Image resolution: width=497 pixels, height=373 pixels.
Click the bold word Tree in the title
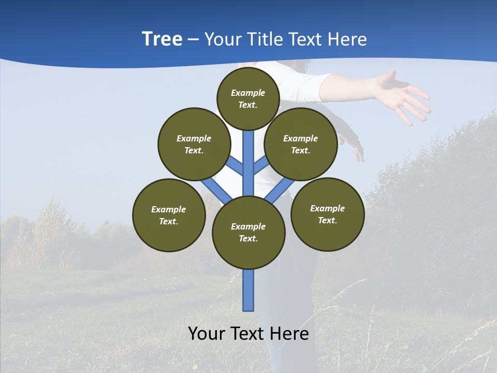tap(162, 39)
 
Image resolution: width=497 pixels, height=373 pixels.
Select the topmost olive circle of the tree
tap(248, 98)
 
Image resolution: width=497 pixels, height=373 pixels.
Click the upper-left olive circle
tap(194, 144)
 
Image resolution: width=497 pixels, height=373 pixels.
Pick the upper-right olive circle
tap(301, 144)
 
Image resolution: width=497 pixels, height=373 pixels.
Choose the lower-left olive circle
tap(169, 215)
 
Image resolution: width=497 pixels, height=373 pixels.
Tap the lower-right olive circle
tap(327, 214)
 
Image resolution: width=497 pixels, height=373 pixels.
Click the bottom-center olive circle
tap(248, 233)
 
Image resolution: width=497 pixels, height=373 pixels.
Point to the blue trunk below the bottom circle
tap(248, 290)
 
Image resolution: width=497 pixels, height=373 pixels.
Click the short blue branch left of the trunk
tap(236, 166)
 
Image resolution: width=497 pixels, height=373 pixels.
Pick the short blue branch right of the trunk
tap(260, 166)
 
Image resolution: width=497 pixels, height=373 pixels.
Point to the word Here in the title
tap(347, 39)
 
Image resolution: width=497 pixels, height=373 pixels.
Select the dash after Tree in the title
tap(194, 40)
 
